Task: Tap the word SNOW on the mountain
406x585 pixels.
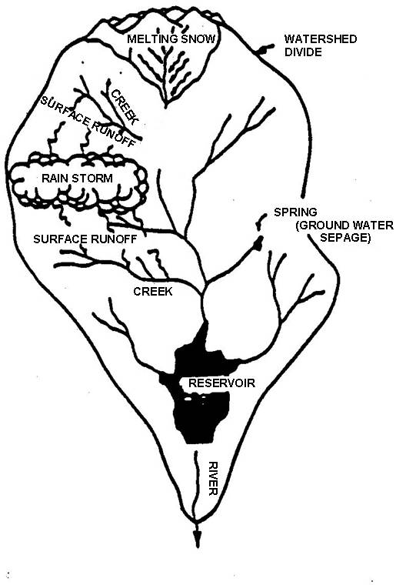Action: [198, 38]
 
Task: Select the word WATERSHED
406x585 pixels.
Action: [321, 38]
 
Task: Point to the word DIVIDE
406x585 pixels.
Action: [303, 52]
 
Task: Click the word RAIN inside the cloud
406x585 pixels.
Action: [55, 178]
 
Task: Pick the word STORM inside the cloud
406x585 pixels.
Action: [92, 178]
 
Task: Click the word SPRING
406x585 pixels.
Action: [295, 212]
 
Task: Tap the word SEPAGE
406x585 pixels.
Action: [345, 237]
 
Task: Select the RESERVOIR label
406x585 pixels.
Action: [221, 383]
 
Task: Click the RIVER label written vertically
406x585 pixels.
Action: [212, 478]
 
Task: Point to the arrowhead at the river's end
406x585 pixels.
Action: [198, 540]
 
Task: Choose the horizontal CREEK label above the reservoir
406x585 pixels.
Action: [153, 291]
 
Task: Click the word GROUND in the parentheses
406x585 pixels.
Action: [323, 226]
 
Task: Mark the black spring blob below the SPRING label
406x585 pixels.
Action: [258, 243]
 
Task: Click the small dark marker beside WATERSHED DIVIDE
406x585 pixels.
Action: [265, 49]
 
